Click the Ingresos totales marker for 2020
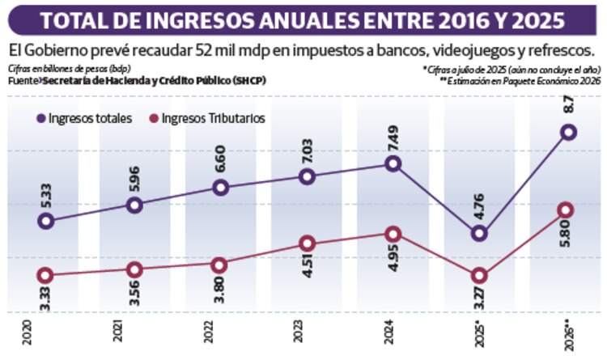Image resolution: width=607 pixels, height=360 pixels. coord(47,221)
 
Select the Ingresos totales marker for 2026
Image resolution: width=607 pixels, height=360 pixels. coord(568,132)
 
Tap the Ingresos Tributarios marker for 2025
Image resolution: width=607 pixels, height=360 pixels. coord(479,276)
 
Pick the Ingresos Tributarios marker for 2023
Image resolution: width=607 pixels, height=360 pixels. coord(307,244)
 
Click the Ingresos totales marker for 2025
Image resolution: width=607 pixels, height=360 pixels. coord(479,234)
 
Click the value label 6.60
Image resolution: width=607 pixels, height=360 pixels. coord(220,159)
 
